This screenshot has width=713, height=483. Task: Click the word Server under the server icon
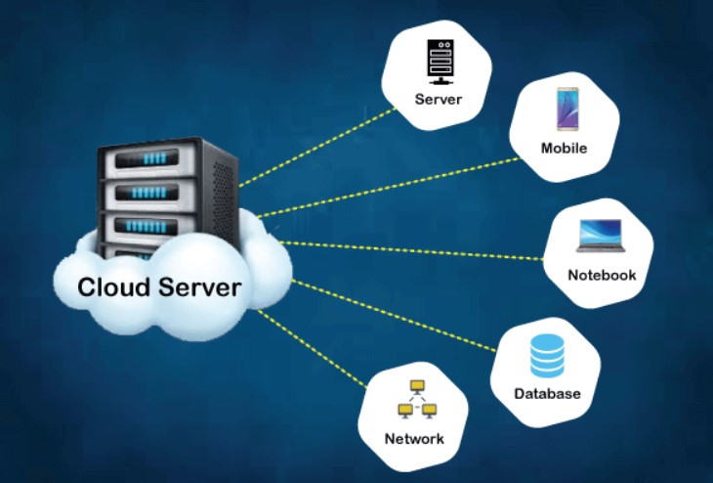(x=438, y=100)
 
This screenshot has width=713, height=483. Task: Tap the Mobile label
(x=564, y=149)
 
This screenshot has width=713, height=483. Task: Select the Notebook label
(x=602, y=275)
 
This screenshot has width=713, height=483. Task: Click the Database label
(x=547, y=394)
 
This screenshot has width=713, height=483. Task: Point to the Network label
(x=414, y=438)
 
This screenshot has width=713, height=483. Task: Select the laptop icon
(x=602, y=238)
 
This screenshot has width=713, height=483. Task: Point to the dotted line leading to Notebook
(x=410, y=248)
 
